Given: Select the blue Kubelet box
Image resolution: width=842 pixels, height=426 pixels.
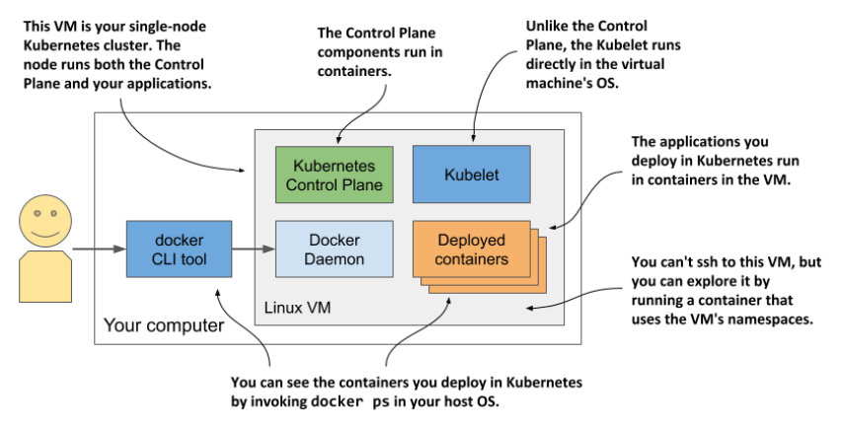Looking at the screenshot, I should pyautogui.click(x=471, y=175).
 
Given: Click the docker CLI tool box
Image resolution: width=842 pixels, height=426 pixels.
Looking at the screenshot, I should pyautogui.click(x=179, y=250).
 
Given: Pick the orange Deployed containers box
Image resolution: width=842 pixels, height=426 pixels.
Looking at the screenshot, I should pyautogui.click(x=471, y=249).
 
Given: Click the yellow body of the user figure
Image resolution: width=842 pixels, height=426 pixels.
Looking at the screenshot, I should pyautogui.click(x=39, y=273).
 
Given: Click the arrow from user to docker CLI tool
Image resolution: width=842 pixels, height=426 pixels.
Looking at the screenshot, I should pyautogui.click(x=98, y=250).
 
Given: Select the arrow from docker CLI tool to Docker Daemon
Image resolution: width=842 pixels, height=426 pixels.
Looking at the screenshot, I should pyautogui.click(x=252, y=250).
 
